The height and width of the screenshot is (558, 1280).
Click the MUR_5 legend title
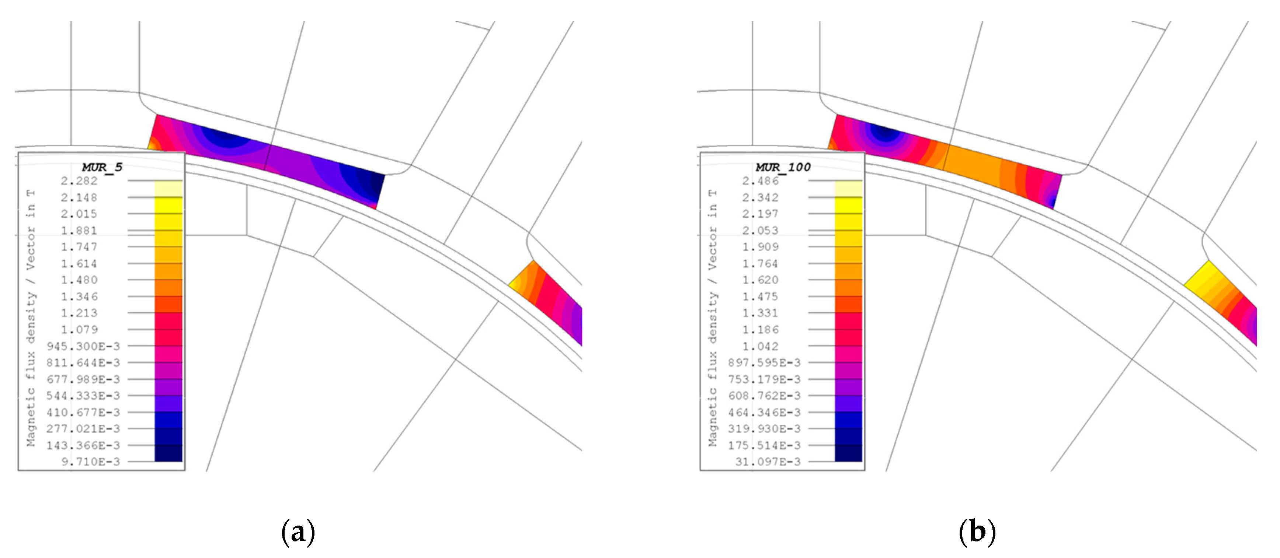pyautogui.click(x=102, y=167)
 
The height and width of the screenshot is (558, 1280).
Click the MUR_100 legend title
pyautogui.click(x=783, y=167)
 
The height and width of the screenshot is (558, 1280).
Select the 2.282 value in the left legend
pyautogui.click(x=79, y=181)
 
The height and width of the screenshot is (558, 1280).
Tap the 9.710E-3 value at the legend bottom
pyautogui.click(x=90, y=462)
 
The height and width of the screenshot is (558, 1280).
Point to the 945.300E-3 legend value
pyautogui.click(x=83, y=346)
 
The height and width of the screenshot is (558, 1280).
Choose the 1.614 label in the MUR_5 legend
pyautogui.click(x=79, y=264)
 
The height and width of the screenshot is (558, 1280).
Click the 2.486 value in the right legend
pyautogui.click(x=760, y=181)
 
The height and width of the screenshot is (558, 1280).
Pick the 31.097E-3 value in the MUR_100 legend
pyautogui.click(x=768, y=462)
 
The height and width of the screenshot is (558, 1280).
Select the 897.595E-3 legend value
pyautogui.click(x=765, y=362)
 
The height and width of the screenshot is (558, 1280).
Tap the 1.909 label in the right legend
pyautogui.click(x=760, y=247)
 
